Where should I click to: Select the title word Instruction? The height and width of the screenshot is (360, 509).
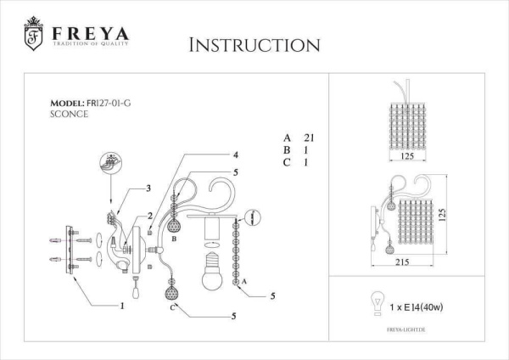click(x=254, y=45)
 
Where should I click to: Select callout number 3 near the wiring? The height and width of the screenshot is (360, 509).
click(x=148, y=188)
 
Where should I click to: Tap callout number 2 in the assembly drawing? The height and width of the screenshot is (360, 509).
click(x=149, y=217)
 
